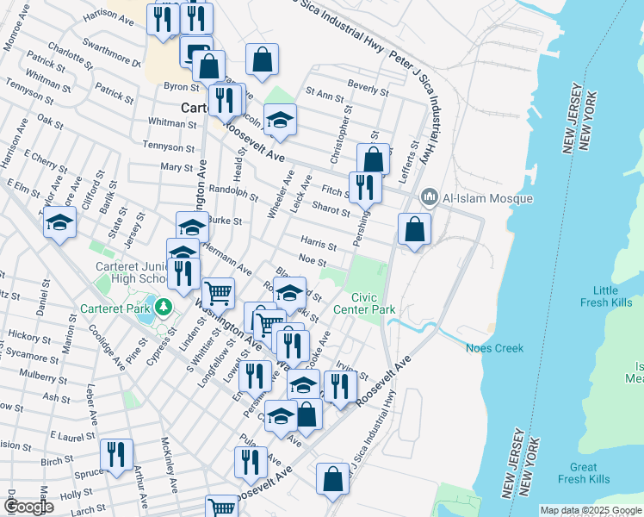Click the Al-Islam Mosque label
pos(487,199)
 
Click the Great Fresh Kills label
pos(583,473)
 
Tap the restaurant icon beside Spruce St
pos(115,455)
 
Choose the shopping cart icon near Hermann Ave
pos(218,294)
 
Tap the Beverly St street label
pos(367,88)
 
